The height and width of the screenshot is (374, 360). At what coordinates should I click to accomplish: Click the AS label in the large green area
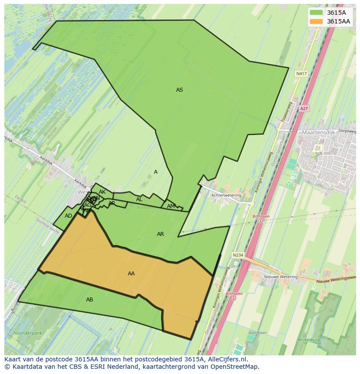(x=179, y=90)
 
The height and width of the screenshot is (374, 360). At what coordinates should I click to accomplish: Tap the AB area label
(x=90, y=300)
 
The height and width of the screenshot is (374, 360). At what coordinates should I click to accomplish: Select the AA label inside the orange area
(x=131, y=274)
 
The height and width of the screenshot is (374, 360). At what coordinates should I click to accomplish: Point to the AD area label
(x=68, y=216)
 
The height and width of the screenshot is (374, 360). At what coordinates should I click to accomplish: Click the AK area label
(x=102, y=192)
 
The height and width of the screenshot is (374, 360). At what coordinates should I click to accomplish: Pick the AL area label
(x=139, y=199)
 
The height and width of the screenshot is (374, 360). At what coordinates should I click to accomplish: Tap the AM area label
(x=171, y=206)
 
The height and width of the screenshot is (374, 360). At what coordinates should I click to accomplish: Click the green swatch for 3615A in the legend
(x=317, y=13)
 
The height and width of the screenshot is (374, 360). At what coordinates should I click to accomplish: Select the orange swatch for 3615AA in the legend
(x=317, y=21)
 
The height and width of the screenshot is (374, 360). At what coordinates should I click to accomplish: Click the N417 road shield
(x=301, y=74)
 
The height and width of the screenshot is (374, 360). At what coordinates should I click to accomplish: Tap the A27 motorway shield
(x=304, y=109)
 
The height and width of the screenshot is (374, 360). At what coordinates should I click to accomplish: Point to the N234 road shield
(x=237, y=255)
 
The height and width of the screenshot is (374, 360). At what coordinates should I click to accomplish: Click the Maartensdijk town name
(x=321, y=132)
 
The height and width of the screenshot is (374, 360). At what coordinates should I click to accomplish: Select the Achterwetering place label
(x=226, y=195)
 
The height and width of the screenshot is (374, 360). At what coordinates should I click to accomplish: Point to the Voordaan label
(x=257, y=333)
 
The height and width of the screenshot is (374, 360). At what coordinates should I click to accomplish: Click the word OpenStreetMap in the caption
(x=234, y=367)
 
